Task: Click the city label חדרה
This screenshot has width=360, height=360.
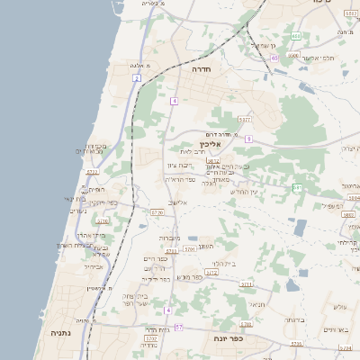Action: [x=200, y=67]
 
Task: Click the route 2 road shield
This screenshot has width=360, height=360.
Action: [x=136, y=78]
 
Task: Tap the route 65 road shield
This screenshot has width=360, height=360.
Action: [x=274, y=58]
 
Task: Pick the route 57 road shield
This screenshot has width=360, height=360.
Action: [x=178, y=327]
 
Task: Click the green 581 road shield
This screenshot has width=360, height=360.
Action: [x=296, y=187]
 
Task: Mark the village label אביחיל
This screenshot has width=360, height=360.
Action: [x=94, y=266]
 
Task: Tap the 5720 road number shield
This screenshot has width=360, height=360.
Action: [x=157, y=213]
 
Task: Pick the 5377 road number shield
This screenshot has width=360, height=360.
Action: [x=244, y=119]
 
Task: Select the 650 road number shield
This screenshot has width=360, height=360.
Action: [x=294, y=36]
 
